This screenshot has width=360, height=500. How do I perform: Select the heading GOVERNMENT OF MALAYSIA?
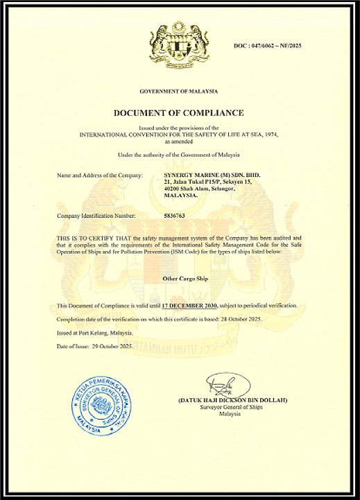[x=179, y=92]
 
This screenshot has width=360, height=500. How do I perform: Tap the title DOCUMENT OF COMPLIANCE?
[x=179, y=112]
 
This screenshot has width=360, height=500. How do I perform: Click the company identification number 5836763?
[x=173, y=217]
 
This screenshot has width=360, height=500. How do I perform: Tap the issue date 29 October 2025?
[x=114, y=345]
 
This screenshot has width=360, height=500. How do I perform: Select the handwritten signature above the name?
[x=221, y=384]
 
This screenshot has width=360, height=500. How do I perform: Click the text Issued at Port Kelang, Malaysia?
[x=95, y=332]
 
